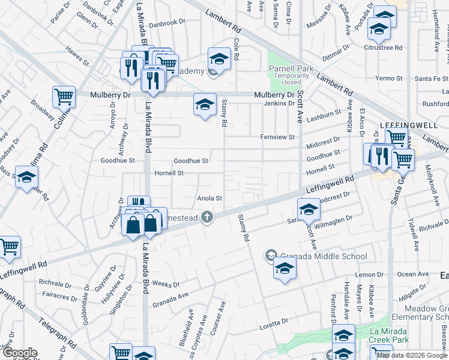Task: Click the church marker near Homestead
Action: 207,217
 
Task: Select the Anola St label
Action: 210,198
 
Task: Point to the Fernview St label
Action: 277,137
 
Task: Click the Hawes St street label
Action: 77,60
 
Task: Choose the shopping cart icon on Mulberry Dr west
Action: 64,96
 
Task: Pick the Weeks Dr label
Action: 166,284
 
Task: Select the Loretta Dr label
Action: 274,323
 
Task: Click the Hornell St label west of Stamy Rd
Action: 169,173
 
